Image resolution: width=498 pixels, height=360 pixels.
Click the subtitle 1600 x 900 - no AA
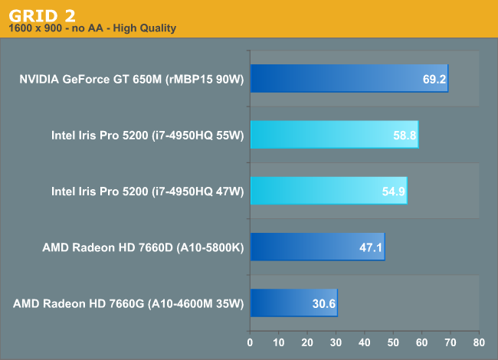[x=92, y=28]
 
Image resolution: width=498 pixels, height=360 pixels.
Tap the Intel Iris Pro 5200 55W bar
[x=334, y=134]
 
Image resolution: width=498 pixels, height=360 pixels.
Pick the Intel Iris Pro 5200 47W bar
[x=328, y=191]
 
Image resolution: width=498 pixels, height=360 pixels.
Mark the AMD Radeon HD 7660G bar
[x=293, y=303]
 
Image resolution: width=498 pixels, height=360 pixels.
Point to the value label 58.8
[x=405, y=135]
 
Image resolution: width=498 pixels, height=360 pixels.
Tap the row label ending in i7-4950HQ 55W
[x=147, y=135]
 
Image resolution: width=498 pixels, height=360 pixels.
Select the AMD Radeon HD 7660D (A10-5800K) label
[x=144, y=247]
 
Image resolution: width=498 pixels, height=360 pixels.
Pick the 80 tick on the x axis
[x=479, y=342]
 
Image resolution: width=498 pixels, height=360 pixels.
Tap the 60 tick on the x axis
[x=422, y=342]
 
